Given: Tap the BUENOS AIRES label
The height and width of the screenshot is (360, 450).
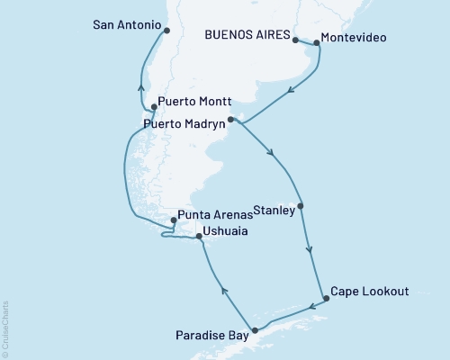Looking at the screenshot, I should [x=248, y=37].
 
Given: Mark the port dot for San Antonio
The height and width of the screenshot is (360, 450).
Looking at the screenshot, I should [x=166, y=30].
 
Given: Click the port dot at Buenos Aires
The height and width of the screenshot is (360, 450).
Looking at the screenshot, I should [x=295, y=40].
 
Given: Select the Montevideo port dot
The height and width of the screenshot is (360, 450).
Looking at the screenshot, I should [x=316, y=42].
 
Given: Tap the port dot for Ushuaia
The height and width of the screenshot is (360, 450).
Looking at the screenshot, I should [x=199, y=238].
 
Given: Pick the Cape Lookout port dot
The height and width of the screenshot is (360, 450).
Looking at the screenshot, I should [x=326, y=298].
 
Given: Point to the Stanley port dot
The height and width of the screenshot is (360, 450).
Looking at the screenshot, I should [x=300, y=206].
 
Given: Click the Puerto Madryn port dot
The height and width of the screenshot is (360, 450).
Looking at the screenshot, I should [x=230, y=119].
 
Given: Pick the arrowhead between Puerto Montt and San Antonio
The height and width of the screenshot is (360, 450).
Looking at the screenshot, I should [x=140, y=86].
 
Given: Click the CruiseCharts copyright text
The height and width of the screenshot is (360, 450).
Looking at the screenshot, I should [x=5, y=329].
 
